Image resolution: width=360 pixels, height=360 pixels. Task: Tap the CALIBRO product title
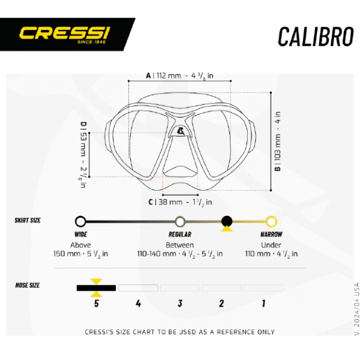pos(316,37)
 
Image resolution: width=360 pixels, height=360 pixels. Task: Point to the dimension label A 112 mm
pos(180,76)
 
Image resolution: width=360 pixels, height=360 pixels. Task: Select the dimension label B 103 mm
pos(278,141)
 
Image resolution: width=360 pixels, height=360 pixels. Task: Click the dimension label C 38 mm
pos(180,202)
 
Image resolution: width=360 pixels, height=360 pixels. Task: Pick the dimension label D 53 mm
pos(83,155)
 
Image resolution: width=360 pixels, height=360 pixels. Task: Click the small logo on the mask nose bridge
pos(181,131)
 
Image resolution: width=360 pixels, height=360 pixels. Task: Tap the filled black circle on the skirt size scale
pos(227,221)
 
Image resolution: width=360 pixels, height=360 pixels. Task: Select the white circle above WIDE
pos(80,221)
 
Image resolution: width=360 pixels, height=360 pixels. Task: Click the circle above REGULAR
pos(180,222)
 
